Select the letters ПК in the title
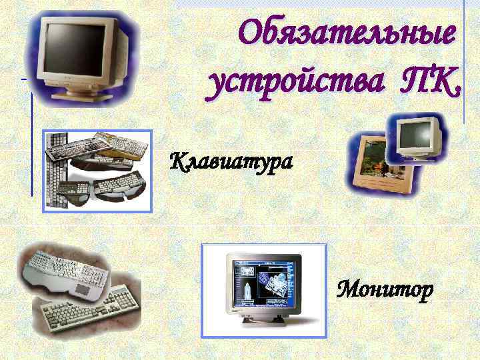coord(427,84)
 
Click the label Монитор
coord(385,290)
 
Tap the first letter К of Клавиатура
coord(179,161)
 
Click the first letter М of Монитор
coord(347,290)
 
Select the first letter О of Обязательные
coord(251,33)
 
